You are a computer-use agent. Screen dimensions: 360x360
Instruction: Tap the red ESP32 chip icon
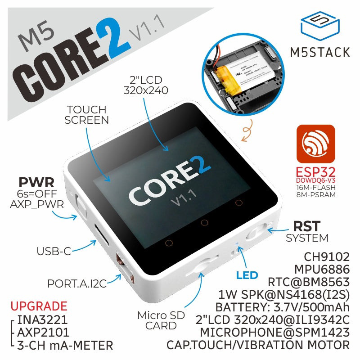pyautogui.click(x=315, y=144)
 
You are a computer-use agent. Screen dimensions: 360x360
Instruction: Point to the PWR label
pyautogui.click(x=37, y=183)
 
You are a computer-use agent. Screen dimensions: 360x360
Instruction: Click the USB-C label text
pyautogui.click(x=54, y=251)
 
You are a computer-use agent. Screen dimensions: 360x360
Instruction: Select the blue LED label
pyautogui.click(x=247, y=275)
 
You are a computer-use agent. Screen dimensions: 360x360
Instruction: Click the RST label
pyautogui.click(x=307, y=225)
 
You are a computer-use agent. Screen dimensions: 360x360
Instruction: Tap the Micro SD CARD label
pyautogui.click(x=161, y=320)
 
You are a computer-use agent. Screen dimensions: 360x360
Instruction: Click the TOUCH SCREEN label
pyautogui.click(x=86, y=115)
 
